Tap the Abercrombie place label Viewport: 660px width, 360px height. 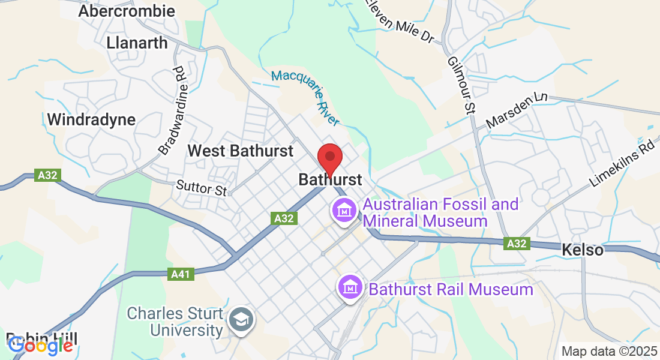click(x=127, y=11)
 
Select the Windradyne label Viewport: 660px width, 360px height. click(x=91, y=119)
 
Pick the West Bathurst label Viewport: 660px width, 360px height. click(x=241, y=150)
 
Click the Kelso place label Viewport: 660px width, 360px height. click(x=583, y=250)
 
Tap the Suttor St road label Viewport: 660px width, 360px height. click(x=201, y=188)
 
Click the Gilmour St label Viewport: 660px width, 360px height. click(x=461, y=83)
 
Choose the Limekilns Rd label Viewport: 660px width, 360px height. click(x=621, y=164)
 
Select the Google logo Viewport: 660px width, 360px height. click(x=41, y=345)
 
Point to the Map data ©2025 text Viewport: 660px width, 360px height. click(x=608, y=351)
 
